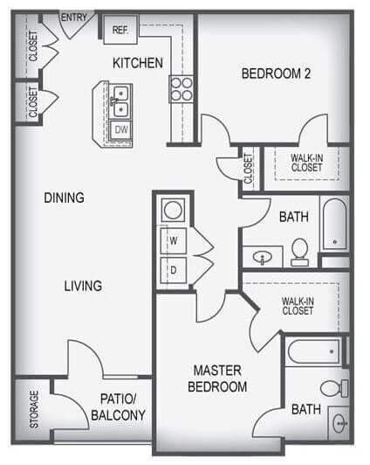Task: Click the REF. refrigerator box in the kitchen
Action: point(120,30)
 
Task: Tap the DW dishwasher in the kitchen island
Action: point(120,129)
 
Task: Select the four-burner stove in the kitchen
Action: point(182,89)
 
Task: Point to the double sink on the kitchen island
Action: point(120,101)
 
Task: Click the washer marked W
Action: point(174,241)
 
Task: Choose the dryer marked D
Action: point(174,270)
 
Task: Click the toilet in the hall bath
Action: point(300,252)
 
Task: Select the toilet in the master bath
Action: point(334,388)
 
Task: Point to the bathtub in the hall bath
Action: point(335,225)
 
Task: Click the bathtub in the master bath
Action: point(314,352)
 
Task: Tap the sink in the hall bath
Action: point(263,257)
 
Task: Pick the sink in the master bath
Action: point(339,423)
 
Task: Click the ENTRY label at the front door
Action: point(74,17)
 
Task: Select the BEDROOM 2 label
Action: point(276,73)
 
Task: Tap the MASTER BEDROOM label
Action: point(217,378)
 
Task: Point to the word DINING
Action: point(64,198)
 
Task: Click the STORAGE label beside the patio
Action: point(34,409)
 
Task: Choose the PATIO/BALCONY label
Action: point(118,407)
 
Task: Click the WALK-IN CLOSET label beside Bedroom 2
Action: point(306,163)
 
